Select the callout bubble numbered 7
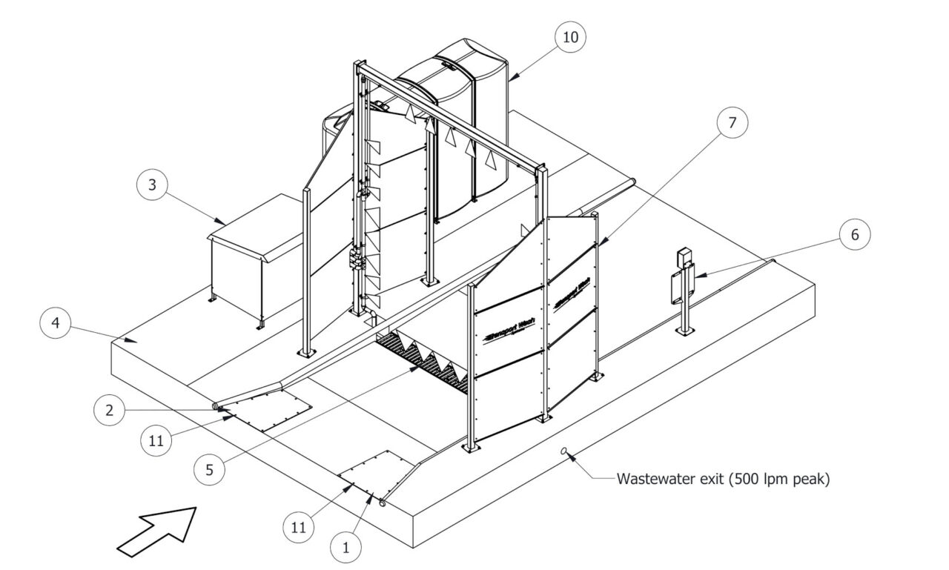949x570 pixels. pos(732,124)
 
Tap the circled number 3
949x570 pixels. pos(152,185)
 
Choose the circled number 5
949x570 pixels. pos(211,469)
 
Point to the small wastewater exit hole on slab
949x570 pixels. pos(565,450)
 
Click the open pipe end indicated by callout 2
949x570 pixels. pos(216,407)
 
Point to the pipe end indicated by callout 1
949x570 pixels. pos(383,503)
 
